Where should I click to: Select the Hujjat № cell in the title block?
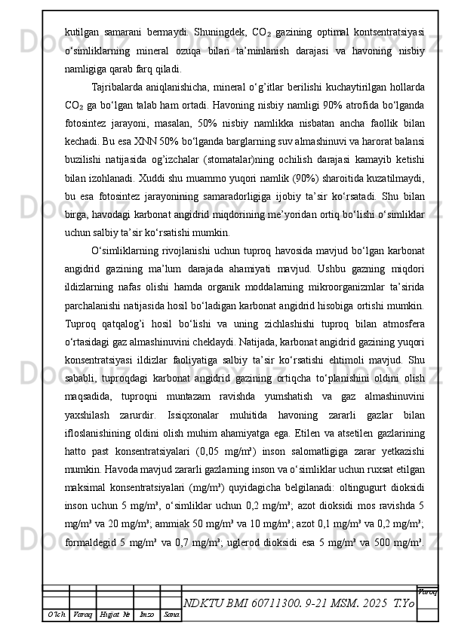click(115, 615)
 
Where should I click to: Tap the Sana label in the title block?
click(171, 615)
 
